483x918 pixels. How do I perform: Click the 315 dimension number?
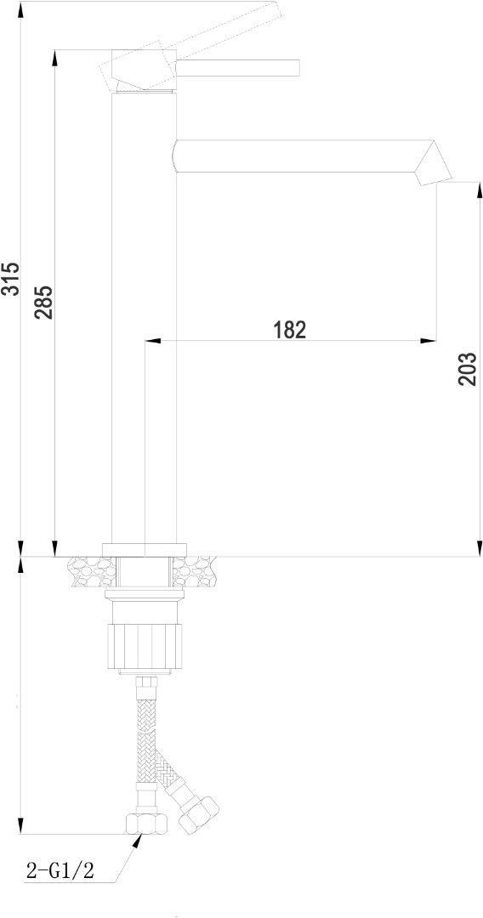pos(12,279)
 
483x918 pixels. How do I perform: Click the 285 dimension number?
pos(45,302)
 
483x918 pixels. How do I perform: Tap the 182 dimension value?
pos(290,330)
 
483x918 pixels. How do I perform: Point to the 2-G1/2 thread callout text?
pos(60,870)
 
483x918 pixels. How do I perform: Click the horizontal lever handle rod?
pos(238,68)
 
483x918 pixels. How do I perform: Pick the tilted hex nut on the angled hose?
pos(198,813)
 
